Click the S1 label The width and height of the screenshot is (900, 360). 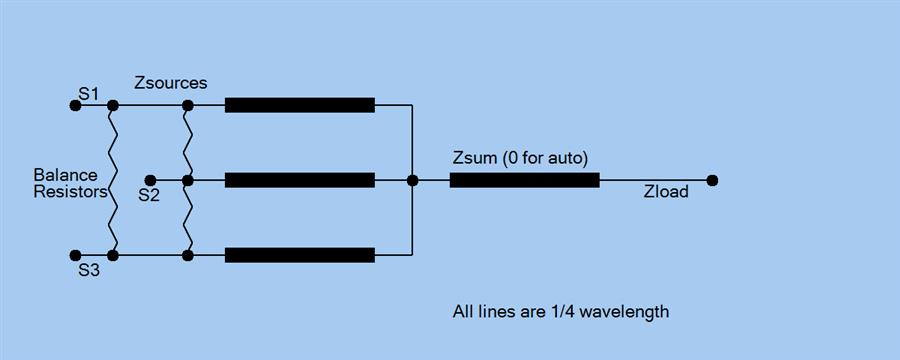tap(89, 93)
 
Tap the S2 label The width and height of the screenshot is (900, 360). tap(149, 195)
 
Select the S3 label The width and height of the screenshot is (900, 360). tap(89, 270)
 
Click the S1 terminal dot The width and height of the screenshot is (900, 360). tap(75, 105)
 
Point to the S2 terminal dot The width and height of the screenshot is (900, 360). tap(150, 181)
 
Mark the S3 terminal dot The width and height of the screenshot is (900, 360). tap(75, 256)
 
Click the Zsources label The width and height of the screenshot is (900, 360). tap(171, 83)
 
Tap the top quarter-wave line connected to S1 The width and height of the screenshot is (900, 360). tap(300, 105)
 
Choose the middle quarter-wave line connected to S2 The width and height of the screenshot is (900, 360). tap(300, 181)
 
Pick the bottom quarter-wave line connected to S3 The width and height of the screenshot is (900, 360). tap(300, 256)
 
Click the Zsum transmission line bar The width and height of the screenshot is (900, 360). tap(525, 181)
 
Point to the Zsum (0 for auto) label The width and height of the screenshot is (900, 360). tap(520, 158)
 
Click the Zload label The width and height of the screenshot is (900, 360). tap(666, 191)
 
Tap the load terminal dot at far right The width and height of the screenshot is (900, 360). tap(712, 181)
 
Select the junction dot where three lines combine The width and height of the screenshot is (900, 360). tap(412, 181)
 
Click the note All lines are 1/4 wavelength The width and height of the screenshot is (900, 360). tap(561, 312)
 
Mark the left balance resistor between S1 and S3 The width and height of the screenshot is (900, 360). tap(114, 181)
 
